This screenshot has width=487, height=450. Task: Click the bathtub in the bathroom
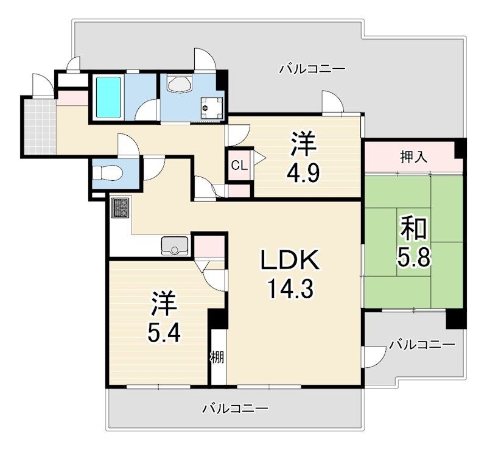pyautogui.click(x=108, y=97)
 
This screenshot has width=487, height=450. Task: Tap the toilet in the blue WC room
pyautogui.click(x=108, y=172)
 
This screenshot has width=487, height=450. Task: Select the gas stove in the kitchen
pyautogui.click(x=121, y=208)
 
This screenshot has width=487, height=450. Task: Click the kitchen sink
pyautogui.click(x=174, y=245)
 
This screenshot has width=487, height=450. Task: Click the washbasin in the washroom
pyautogui.click(x=180, y=84)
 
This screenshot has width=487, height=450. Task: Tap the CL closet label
pyautogui.click(x=239, y=166)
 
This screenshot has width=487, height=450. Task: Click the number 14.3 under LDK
pyautogui.click(x=290, y=288)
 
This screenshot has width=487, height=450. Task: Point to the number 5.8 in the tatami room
pyautogui.click(x=414, y=257)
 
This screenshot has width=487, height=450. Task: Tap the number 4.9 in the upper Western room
pyautogui.click(x=303, y=175)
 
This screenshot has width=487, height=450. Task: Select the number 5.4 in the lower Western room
pyautogui.click(x=164, y=333)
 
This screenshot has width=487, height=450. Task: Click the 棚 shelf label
pyautogui.click(x=218, y=357)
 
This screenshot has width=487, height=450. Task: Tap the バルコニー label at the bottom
pyautogui.click(x=235, y=408)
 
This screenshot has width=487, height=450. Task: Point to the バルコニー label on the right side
pyautogui.click(x=422, y=345)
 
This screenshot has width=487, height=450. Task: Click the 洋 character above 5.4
pyautogui.click(x=164, y=304)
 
